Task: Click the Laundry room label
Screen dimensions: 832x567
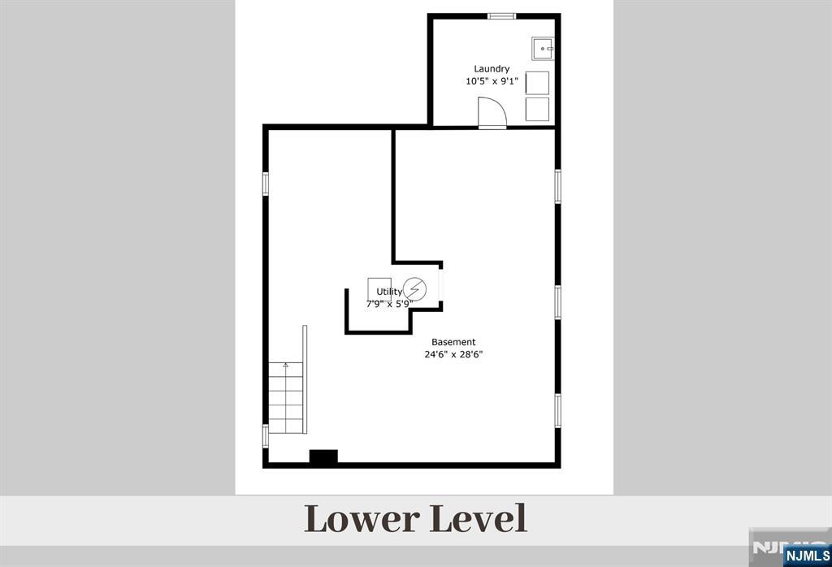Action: (492, 69)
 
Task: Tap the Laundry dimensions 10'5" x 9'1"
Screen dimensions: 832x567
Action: (492, 82)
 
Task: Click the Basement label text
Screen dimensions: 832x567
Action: (453, 342)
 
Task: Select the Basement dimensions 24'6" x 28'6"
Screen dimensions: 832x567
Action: (453, 355)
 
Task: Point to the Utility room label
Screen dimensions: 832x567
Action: (389, 292)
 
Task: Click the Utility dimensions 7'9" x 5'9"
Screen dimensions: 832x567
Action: (389, 304)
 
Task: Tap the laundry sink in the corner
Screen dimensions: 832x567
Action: (543, 48)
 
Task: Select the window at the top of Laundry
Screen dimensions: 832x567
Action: (502, 16)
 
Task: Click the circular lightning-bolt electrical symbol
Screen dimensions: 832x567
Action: (414, 290)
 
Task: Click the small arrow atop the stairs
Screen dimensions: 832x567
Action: (285, 365)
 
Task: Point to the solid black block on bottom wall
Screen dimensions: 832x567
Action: (323, 457)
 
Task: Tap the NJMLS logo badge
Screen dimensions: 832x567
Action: (807, 556)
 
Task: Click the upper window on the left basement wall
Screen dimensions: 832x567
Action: (266, 184)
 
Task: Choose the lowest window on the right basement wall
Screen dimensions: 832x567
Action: (557, 410)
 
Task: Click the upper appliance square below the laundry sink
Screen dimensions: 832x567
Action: (538, 83)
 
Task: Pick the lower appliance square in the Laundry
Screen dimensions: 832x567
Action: (538, 110)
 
